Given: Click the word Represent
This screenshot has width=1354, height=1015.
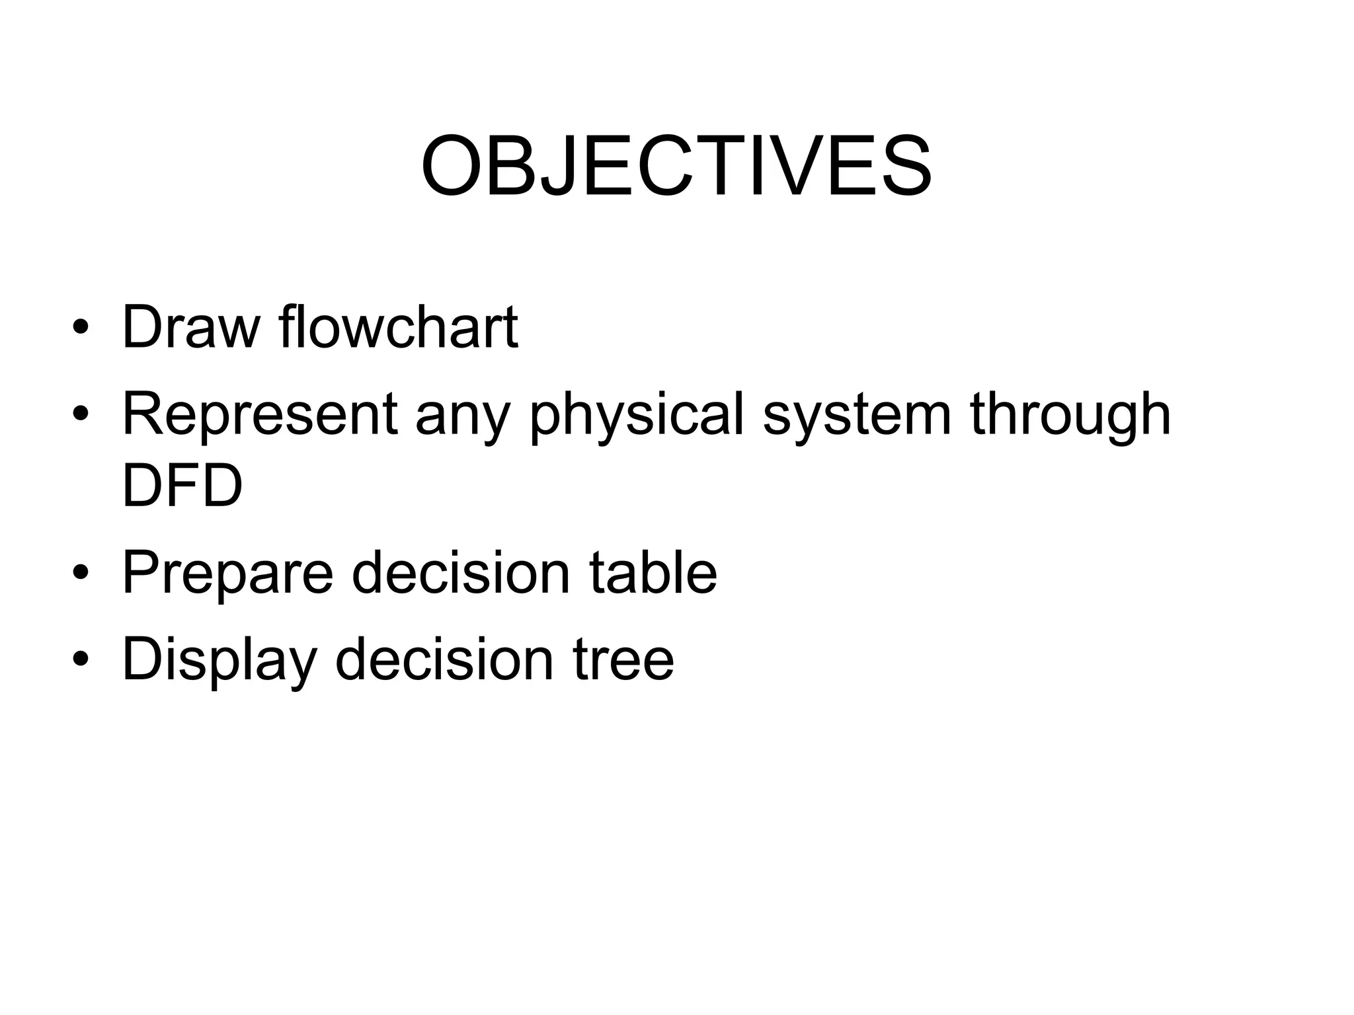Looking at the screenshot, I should coord(260,414).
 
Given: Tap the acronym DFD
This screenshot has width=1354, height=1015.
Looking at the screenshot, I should coord(182,486).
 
